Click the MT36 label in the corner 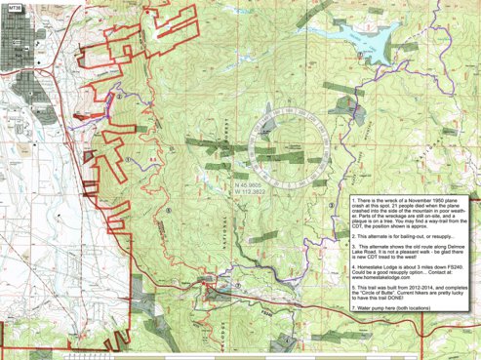click(x=13, y=6)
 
